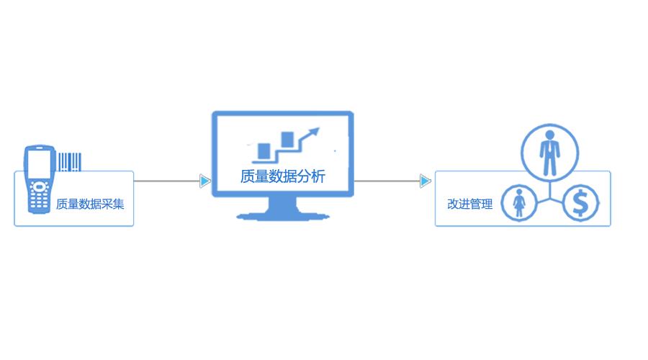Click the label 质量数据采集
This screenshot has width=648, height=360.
click(x=90, y=204)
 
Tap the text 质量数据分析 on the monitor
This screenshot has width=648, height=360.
click(x=282, y=176)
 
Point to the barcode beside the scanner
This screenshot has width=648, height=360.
click(x=70, y=161)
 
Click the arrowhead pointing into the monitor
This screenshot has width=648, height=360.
click(x=205, y=181)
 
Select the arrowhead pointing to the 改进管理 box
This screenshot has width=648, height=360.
click(x=426, y=181)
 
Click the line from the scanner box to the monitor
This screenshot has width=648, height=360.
click(x=167, y=181)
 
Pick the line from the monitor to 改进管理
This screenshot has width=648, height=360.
click(x=387, y=181)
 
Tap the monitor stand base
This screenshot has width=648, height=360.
click(x=282, y=215)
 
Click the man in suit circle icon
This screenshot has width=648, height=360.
click(x=549, y=152)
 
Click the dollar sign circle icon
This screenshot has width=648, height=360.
click(x=580, y=204)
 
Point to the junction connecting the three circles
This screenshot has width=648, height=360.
click(x=550, y=193)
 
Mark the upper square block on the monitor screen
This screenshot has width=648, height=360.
click(x=287, y=138)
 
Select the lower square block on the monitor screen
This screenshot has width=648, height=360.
click(x=264, y=150)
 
